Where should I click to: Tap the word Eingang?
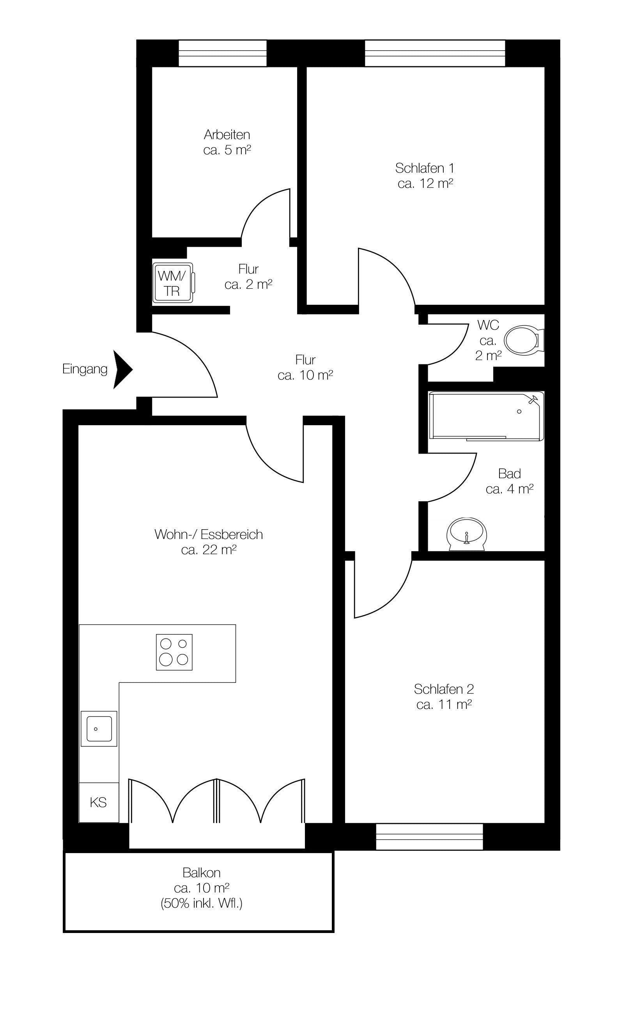click(85, 369)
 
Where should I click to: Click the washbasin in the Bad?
click(467, 535)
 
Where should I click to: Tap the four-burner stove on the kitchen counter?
click(174, 652)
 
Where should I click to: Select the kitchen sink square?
click(99, 729)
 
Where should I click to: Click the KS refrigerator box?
click(99, 802)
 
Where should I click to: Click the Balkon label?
click(202, 873)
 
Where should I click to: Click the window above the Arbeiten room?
click(223, 53)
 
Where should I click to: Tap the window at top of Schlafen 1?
click(435, 53)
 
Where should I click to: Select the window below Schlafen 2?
click(429, 837)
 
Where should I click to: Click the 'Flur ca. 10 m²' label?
click(305, 368)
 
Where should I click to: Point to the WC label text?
click(489, 325)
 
